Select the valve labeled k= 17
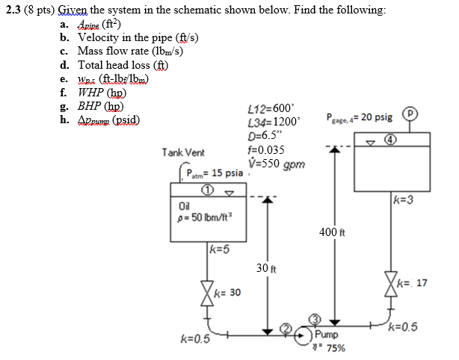[x=389, y=284]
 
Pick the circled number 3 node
[x=315, y=317]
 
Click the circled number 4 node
[x=389, y=139]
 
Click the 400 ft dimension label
[x=329, y=232]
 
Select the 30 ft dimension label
[x=262, y=267]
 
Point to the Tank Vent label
[x=183, y=152]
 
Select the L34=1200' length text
[x=272, y=122]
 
